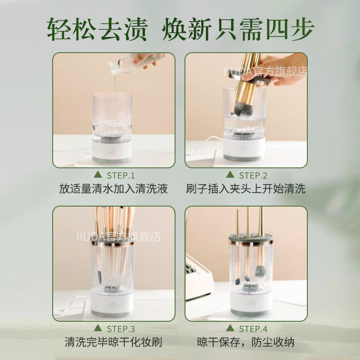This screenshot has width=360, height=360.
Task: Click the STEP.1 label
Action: pyautogui.click(x=121, y=175)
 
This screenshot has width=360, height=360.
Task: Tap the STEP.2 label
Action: pyautogui.click(x=253, y=175)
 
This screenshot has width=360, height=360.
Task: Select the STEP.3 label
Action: pyautogui.click(x=121, y=328)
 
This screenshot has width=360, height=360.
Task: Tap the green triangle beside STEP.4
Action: pyautogui.click(x=229, y=328)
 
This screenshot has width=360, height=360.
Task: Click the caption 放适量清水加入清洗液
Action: pyautogui.click(x=113, y=189)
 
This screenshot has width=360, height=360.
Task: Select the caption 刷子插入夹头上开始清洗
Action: pyautogui.click(x=246, y=189)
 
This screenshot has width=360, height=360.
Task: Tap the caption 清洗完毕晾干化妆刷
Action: pyautogui.click(x=113, y=342)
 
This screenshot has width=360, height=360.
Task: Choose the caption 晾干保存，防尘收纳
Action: pyautogui.click(x=246, y=342)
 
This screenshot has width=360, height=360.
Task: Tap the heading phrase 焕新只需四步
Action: pyautogui.click(x=238, y=29)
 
